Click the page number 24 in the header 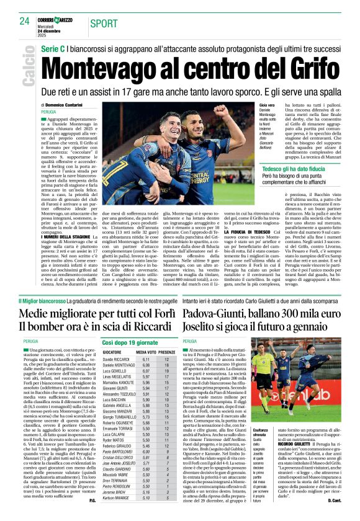pos(24,22)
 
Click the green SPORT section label pos(103,23)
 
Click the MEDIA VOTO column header pos(146,352)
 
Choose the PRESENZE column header pos(168,352)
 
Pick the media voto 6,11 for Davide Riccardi pos(146,359)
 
